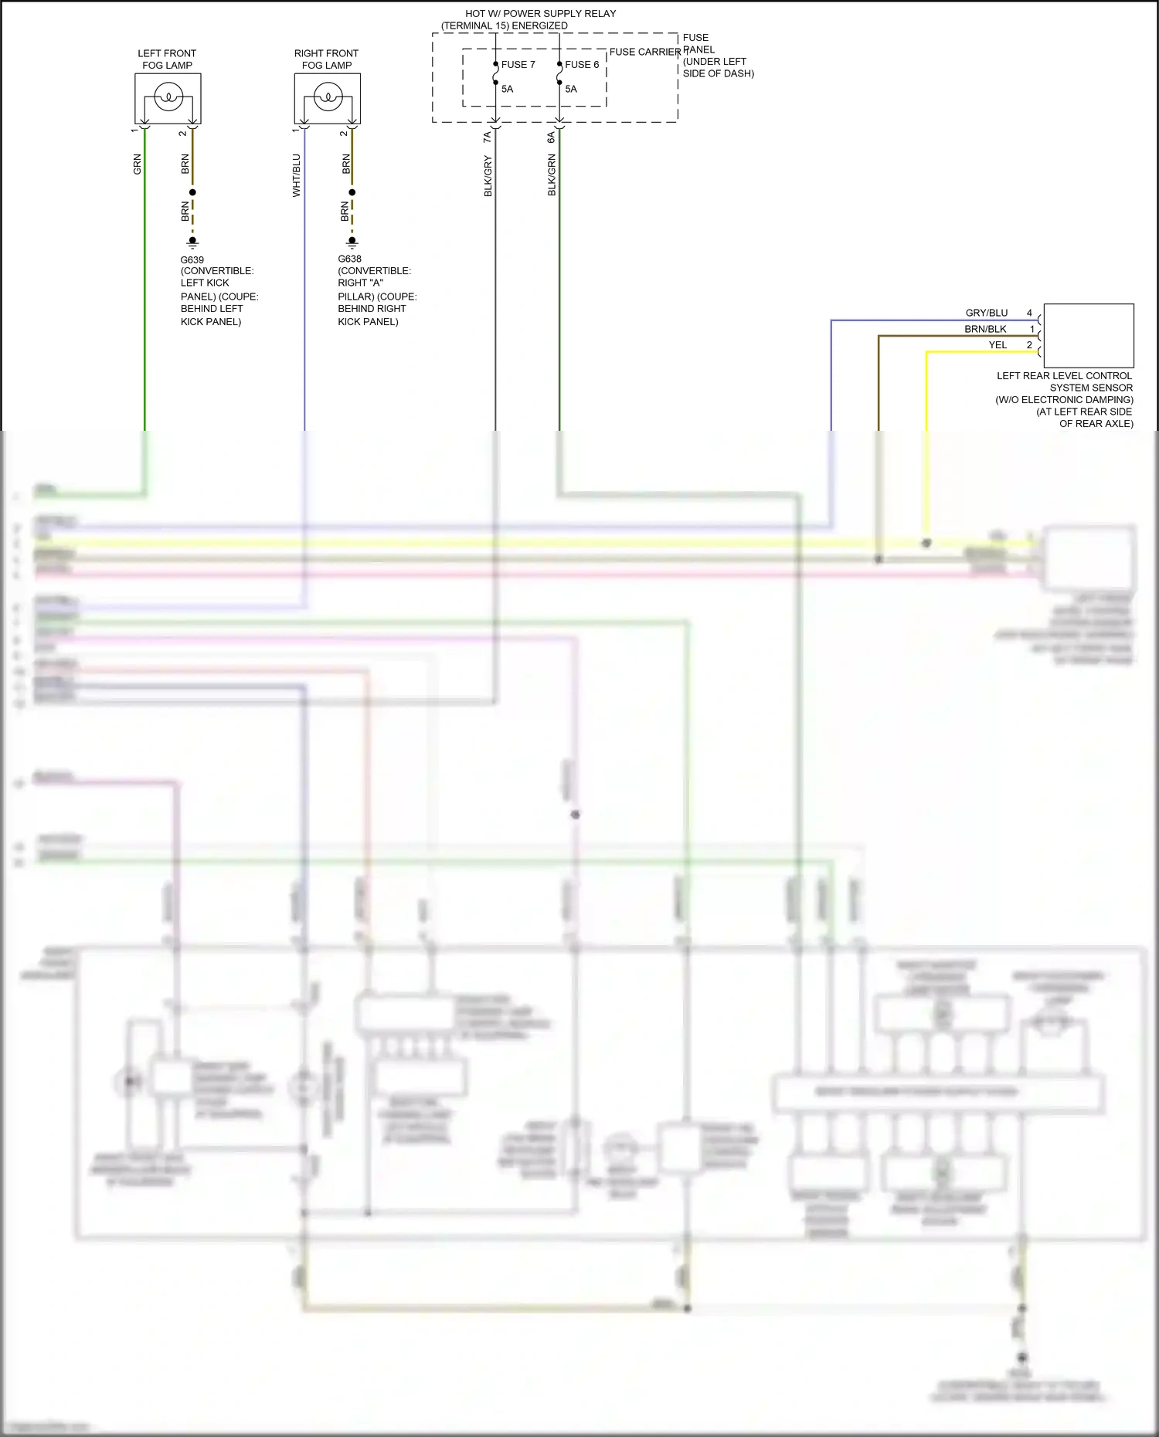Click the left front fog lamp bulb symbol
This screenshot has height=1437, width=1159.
coord(168,98)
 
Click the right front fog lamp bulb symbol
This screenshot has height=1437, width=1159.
coord(328,98)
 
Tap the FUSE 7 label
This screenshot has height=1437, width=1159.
coord(518,65)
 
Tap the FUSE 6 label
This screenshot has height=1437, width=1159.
coord(582,65)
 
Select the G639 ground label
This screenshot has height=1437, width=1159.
coord(192,260)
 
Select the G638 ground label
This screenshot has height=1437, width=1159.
coord(349,259)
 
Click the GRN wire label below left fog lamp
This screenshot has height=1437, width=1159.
coord(138,164)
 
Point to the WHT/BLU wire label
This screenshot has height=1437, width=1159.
coord(297,175)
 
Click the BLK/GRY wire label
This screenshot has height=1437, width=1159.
coord(488,176)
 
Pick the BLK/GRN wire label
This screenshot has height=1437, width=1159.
coord(552,175)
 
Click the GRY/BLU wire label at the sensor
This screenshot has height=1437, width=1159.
coord(987,313)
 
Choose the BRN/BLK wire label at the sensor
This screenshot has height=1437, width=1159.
coord(985,329)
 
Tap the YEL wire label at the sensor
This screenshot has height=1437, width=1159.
coord(998,345)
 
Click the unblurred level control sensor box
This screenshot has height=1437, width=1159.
coord(1088,335)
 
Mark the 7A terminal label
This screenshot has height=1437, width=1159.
coord(488,137)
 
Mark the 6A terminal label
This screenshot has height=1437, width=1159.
coord(551,137)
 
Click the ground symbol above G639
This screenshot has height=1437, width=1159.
coord(192,242)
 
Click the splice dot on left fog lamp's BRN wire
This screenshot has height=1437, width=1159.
coord(192,192)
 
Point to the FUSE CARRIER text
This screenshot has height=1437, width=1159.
coord(644,52)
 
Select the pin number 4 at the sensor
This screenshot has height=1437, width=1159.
coord(1029,313)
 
